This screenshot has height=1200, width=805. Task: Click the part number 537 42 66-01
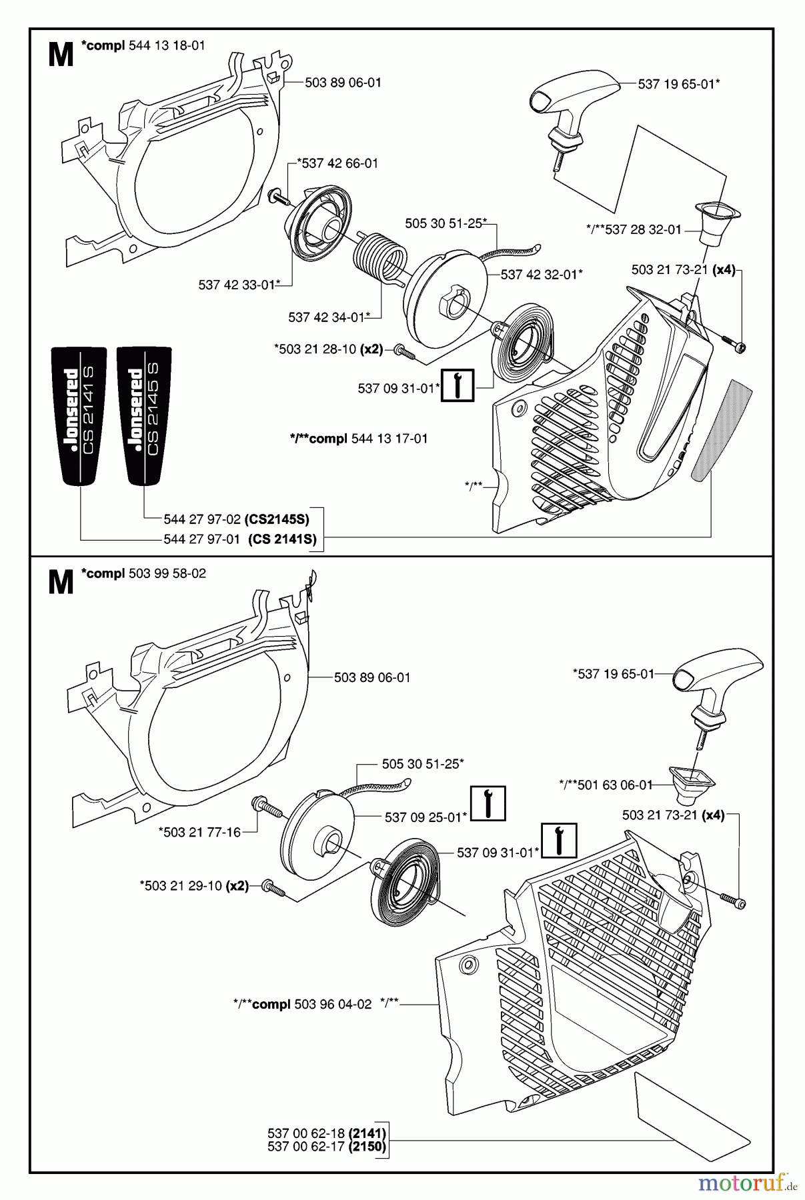point(337,163)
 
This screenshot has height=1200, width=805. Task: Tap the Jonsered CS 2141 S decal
point(79,416)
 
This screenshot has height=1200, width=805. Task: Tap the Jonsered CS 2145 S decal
point(143,416)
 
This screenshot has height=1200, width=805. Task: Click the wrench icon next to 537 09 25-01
point(488,803)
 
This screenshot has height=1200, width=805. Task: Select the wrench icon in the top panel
point(458,385)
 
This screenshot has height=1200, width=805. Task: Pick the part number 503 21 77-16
point(199,832)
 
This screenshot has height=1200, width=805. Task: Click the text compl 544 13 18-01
point(143,45)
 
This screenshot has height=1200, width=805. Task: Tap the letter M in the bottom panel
point(61,582)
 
